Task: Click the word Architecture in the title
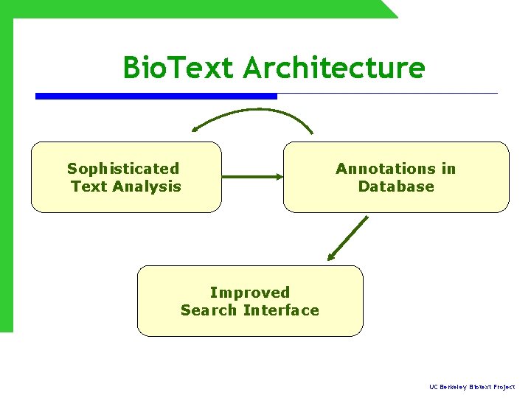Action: point(334,68)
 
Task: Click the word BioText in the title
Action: point(179,68)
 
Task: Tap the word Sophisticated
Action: point(123,169)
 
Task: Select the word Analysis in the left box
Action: point(146,186)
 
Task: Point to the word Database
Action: point(396,186)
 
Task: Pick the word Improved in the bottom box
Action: point(250,293)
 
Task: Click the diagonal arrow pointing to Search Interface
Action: point(348,237)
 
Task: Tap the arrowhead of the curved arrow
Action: point(196,128)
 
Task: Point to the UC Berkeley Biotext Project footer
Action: point(472,387)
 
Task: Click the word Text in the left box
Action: point(88,186)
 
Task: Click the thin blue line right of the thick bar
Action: point(387,94)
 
